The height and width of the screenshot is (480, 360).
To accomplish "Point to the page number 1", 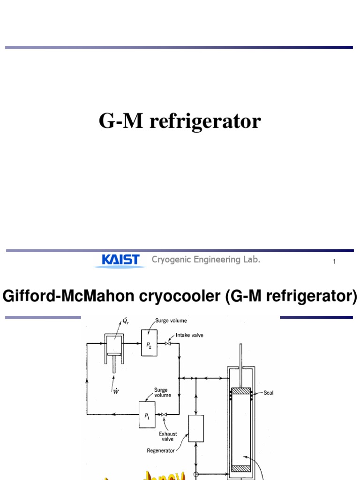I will [334, 262].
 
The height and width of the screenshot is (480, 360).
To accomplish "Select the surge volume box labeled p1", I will [147, 414].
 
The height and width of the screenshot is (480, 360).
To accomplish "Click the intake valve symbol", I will [167, 344].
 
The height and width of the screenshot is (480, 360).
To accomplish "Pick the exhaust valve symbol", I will [164, 414].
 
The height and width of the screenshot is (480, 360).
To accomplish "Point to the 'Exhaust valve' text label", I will [168, 436].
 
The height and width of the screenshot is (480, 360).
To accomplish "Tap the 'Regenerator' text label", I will [161, 451].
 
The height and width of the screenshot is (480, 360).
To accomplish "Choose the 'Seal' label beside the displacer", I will [268, 393].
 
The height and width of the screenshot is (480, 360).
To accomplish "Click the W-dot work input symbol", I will [114, 391].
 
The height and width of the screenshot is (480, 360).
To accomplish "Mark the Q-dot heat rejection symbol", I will [124, 321].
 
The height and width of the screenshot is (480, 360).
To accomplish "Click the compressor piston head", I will [114, 354].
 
